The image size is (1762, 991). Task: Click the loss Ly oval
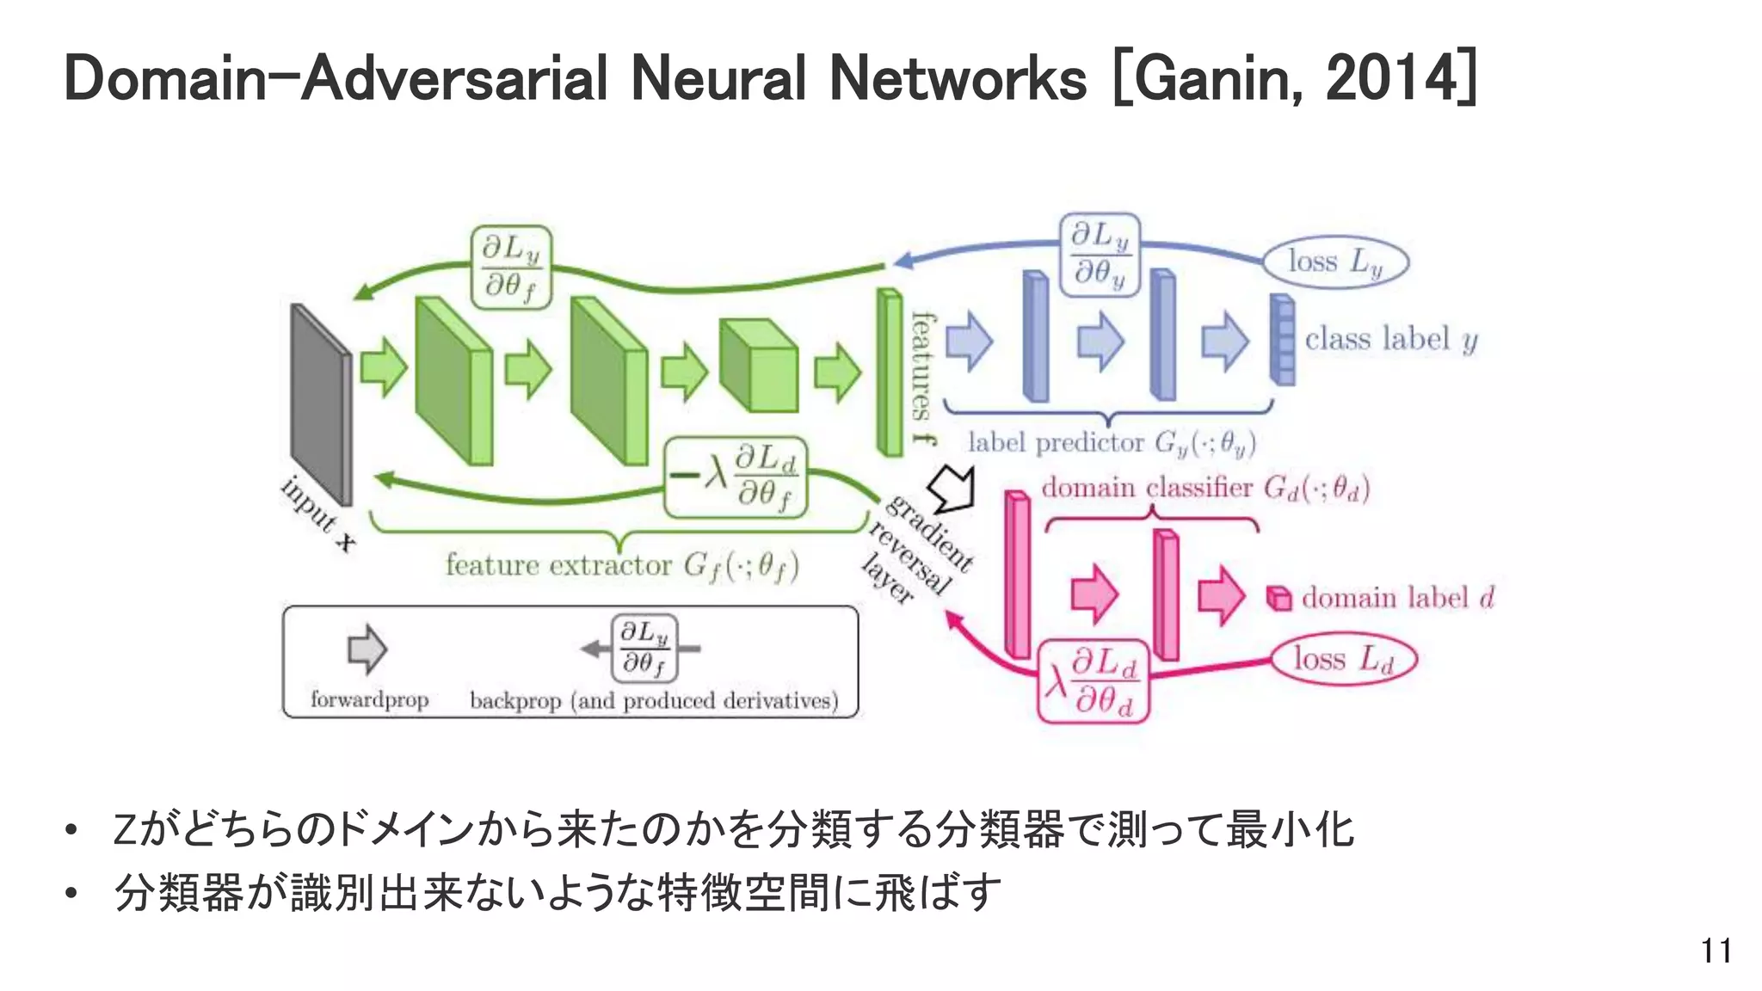coord(1334,262)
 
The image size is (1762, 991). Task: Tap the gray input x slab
coord(320,404)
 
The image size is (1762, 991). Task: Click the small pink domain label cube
coord(1279,598)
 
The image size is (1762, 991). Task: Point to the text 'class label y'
coord(1390,339)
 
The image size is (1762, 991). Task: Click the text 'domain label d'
coord(1397,598)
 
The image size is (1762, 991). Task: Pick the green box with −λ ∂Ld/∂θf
coord(736,477)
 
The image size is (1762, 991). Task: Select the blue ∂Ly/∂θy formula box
coord(1100,255)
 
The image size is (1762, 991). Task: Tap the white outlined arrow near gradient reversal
coord(955,488)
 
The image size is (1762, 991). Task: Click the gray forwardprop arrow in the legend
coord(367,649)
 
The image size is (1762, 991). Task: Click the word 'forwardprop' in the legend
coord(369,699)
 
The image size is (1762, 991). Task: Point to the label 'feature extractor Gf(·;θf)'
coord(621,566)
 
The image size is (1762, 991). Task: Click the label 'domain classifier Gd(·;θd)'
coord(1204,488)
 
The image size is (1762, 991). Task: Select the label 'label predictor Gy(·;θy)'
coord(1111,443)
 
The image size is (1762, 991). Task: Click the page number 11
coord(1716,951)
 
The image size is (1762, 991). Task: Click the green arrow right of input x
coord(383,368)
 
